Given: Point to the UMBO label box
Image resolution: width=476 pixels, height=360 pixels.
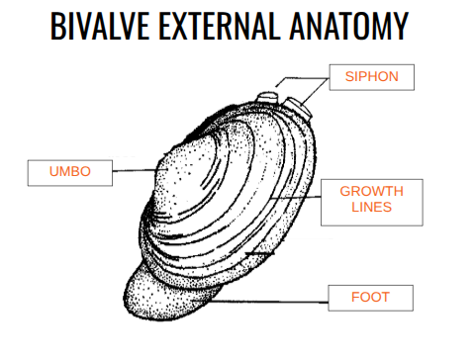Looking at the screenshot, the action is [69, 172].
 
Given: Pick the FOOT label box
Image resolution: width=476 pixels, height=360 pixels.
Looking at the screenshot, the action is [370, 297].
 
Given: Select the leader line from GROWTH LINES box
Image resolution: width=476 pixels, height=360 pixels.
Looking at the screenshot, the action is [297, 197].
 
